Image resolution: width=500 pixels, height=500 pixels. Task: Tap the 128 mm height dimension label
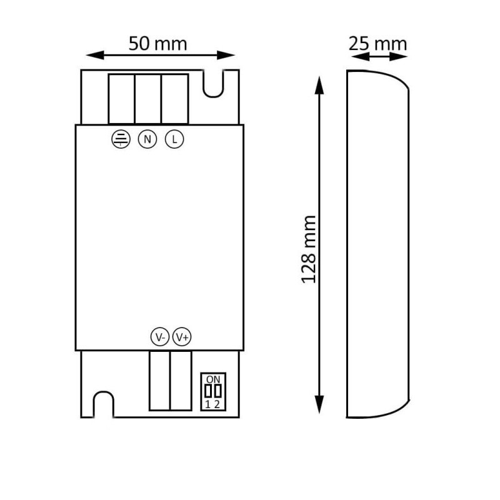(x=309, y=249)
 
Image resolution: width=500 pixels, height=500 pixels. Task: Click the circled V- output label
(x=160, y=337)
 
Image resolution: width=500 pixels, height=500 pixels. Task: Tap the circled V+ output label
(x=182, y=337)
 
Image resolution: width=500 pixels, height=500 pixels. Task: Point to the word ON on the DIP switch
(x=213, y=379)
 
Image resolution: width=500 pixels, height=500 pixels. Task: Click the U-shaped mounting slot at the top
(x=213, y=84)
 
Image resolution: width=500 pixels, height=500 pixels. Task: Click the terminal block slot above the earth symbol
(x=122, y=99)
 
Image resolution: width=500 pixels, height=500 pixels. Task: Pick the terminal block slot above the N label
(x=148, y=99)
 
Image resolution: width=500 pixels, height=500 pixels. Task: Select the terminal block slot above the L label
(x=175, y=99)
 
